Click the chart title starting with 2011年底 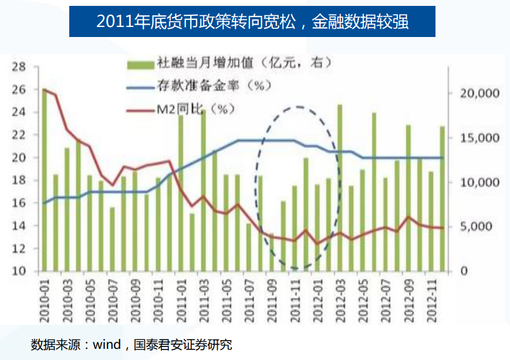pyautogui.click(x=252, y=22)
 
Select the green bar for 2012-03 pyautogui.click(x=340, y=188)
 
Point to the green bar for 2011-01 pyautogui.click(x=181, y=193)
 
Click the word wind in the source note pyautogui.click(x=106, y=344)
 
